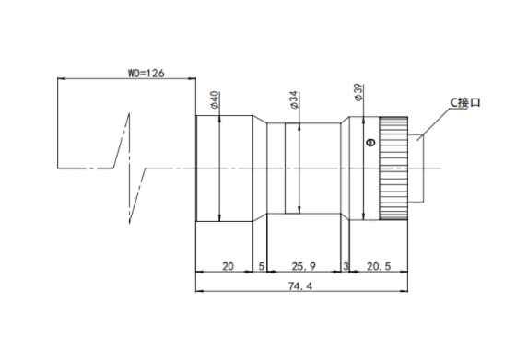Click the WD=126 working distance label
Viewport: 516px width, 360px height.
pyautogui.click(x=146, y=73)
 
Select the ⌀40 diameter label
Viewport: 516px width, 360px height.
pyautogui.click(x=214, y=99)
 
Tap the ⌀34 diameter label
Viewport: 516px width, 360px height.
pyautogui.click(x=294, y=99)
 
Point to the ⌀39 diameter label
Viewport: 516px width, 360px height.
pyautogui.click(x=358, y=92)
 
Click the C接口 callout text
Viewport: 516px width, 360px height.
pyautogui.click(x=465, y=102)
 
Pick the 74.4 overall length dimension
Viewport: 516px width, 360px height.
pyautogui.click(x=300, y=286)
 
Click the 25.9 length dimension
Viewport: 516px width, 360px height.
pyautogui.click(x=303, y=266)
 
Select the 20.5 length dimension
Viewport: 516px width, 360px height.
pyautogui.click(x=379, y=266)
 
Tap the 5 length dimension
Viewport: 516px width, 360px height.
pyautogui.click(x=262, y=266)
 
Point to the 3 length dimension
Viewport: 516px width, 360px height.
pyautogui.click(x=346, y=266)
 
